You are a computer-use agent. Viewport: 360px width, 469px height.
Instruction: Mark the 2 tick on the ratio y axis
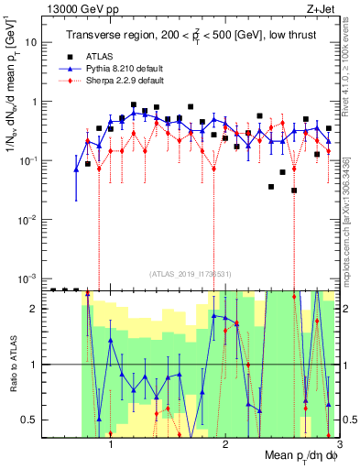click(34, 309)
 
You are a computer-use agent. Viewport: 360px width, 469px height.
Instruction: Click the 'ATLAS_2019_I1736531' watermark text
click(190, 274)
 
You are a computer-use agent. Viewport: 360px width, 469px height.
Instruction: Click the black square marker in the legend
click(80, 56)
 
